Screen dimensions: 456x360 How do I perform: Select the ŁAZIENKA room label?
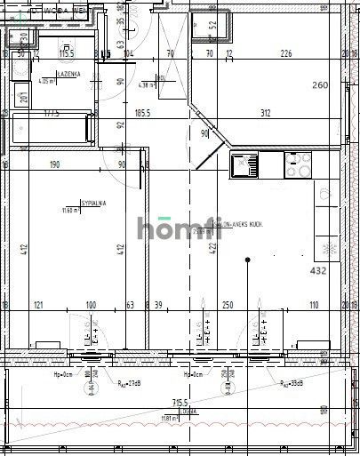(x=69, y=74)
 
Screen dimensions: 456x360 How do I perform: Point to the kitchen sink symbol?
(x=244, y=164)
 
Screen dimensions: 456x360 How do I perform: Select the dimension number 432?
(x=318, y=269)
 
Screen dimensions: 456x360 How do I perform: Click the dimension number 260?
(x=320, y=86)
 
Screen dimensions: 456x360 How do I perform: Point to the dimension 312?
(x=266, y=112)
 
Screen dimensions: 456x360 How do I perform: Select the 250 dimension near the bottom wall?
(x=228, y=305)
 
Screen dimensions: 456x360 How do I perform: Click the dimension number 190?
(x=54, y=164)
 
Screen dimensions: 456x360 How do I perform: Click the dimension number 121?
(x=39, y=305)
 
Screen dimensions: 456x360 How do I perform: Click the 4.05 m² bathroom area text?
(x=47, y=81)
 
